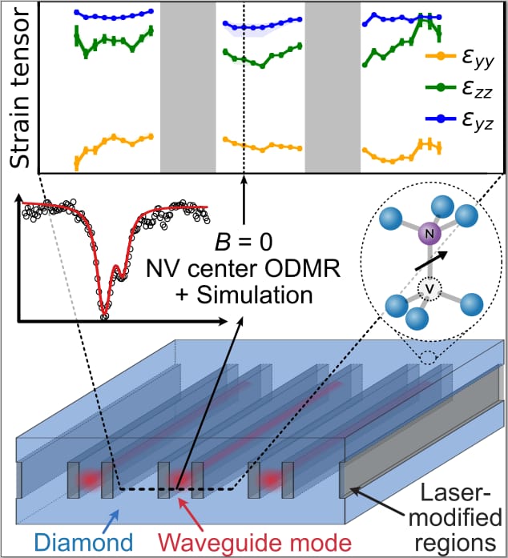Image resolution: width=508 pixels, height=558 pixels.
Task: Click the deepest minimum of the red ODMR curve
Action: pyautogui.click(x=104, y=315)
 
